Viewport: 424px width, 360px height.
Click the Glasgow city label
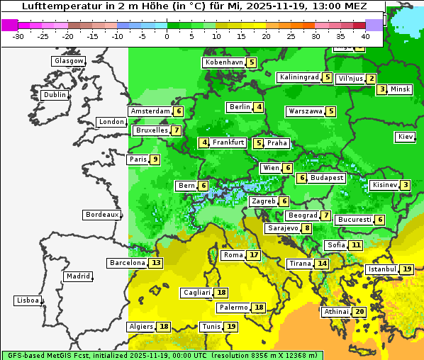click(x=69, y=61)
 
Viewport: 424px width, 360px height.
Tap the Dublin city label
click(x=55, y=95)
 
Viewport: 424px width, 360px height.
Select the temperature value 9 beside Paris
click(x=155, y=159)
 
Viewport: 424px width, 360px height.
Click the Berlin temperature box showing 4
click(x=260, y=107)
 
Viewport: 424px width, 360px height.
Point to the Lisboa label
click(x=28, y=300)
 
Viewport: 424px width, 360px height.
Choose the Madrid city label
click(x=78, y=276)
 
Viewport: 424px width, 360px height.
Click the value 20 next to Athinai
click(x=359, y=312)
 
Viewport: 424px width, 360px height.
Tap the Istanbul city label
click(x=382, y=269)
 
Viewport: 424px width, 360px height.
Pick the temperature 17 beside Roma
click(x=254, y=255)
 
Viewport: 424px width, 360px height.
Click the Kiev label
click(x=406, y=137)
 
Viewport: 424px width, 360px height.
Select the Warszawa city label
click(x=305, y=111)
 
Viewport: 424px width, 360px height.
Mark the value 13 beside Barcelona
click(x=156, y=263)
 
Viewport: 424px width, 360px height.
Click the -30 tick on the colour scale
click(x=18, y=35)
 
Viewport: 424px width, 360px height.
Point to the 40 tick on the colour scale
click(x=365, y=35)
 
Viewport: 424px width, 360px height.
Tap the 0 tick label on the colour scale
click(x=167, y=35)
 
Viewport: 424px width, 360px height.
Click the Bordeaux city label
click(x=102, y=215)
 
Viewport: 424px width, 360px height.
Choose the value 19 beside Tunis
click(x=231, y=327)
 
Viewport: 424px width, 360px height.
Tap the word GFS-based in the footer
click(x=26, y=354)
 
